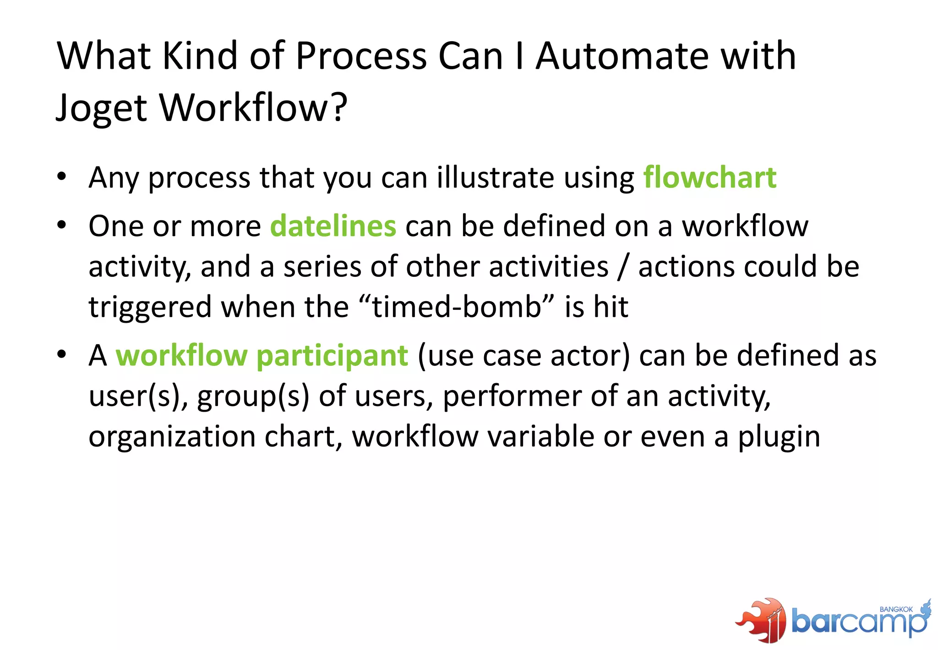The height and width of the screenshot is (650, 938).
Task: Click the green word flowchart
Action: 709,177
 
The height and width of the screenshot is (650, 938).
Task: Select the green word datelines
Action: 333,226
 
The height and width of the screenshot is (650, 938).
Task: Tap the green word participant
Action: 332,356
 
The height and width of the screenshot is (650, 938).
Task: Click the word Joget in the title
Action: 102,108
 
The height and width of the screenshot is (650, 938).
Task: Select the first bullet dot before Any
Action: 62,176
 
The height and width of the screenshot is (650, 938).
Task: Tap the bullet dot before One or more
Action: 62,225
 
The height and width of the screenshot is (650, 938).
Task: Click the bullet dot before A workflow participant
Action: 62,354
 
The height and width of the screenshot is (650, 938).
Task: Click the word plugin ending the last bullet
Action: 779,437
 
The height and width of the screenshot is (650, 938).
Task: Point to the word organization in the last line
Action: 172,437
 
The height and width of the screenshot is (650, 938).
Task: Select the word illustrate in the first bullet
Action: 495,177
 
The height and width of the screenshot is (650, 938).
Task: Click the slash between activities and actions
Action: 622,267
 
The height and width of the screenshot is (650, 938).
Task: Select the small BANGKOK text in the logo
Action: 896,610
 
